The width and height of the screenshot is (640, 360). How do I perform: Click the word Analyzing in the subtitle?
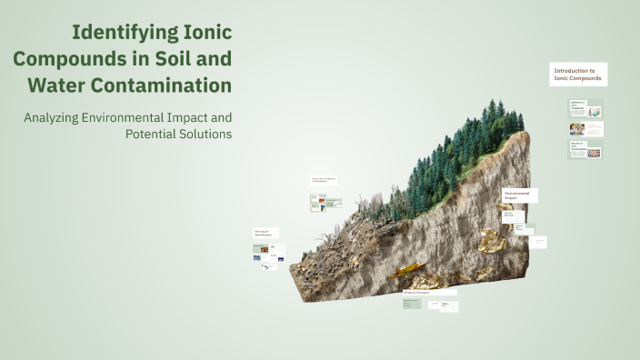(x=56, y=117)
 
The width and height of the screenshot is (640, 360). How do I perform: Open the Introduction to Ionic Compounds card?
(x=578, y=75)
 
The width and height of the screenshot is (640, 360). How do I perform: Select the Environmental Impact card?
(x=520, y=195)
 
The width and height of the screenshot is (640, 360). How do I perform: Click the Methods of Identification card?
(x=266, y=233)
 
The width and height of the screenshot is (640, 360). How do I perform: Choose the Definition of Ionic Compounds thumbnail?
(x=585, y=109)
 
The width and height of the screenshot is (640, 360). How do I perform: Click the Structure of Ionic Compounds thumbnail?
(x=585, y=149)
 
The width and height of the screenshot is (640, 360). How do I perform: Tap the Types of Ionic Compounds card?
(x=326, y=180)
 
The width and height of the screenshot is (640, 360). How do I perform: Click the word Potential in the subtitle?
(x=153, y=135)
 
